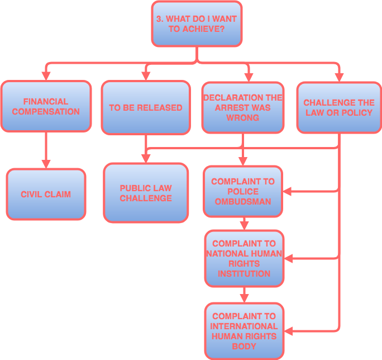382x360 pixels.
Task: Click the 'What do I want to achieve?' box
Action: click(197, 23)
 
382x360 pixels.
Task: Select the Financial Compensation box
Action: click(46, 106)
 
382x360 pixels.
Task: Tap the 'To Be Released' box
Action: click(145, 107)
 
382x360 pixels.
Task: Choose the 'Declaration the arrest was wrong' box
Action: click(242, 107)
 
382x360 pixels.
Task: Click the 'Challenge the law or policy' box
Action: click(338, 107)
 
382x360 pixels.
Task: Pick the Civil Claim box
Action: click(46, 195)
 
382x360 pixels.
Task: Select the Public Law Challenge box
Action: click(145, 193)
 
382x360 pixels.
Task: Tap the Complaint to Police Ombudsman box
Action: click(242, 191)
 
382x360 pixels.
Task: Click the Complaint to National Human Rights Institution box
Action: click(243, 258)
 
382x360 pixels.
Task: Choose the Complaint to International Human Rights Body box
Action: click(243, 331)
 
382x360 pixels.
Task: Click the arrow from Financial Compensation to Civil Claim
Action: click(46, 150)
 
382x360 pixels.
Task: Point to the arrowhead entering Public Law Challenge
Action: click(146, 158)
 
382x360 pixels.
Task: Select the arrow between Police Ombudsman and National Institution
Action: click(243, 224)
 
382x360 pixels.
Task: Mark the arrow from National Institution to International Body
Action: click(243, 295)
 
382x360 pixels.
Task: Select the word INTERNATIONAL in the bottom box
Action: click(243, 326)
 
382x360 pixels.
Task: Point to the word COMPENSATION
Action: click(46, 111)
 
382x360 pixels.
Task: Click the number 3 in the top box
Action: click(159, 18)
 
